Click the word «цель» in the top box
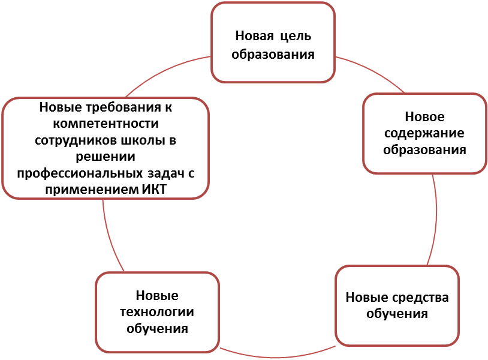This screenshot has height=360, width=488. coord(296,37)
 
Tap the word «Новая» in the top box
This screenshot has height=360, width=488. coord(254,36)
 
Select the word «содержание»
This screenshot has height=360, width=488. coord(424,134)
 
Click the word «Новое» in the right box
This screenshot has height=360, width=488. coord(424,117)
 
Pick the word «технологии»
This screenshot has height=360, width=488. coord(157,312)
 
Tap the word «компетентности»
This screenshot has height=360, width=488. coord(106,124)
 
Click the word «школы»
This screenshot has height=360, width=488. coord(143,140)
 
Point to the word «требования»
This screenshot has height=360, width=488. coord(123,107)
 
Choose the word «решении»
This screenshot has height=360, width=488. coord(106,157)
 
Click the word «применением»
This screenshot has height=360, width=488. coord(92,190)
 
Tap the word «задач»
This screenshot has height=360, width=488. coord(166,173)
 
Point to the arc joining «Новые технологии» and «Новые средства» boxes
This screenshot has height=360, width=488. coord(277,356)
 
